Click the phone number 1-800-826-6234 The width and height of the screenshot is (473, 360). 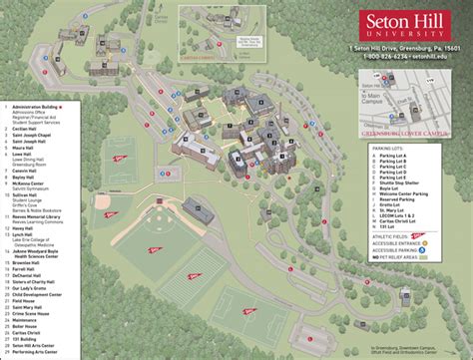[384, 57]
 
